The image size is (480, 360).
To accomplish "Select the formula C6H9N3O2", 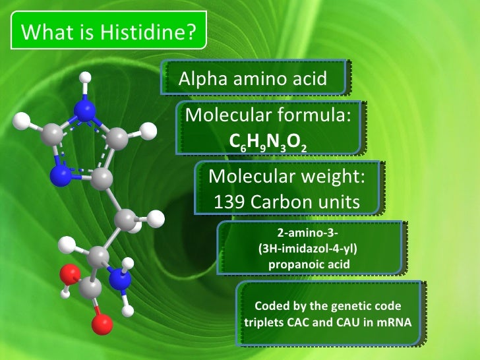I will (x=267, y=142).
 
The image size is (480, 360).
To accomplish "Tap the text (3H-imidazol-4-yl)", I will (x=309, y=251).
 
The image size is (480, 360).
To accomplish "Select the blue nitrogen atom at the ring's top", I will (x=84, y=109).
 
